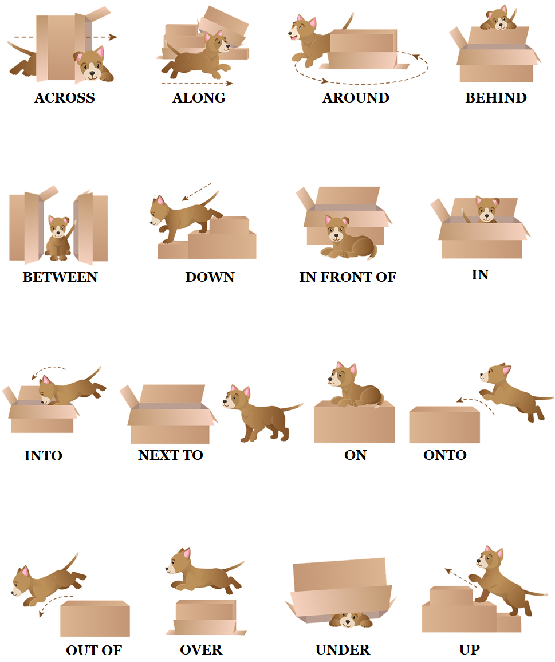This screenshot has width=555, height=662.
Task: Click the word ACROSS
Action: (x=64, y=98)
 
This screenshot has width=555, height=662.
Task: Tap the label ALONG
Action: (x=199, y=98)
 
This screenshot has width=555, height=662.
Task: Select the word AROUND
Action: (x=356, y=98)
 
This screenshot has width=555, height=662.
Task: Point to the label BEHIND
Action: (x=495, y=98)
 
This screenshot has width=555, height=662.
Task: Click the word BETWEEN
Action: (x=60, y=277)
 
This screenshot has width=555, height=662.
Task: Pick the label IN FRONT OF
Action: (x=348, y=277)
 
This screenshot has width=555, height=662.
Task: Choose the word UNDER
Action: (x=343, y=650)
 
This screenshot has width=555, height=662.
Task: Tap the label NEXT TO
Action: (x=171, y=455)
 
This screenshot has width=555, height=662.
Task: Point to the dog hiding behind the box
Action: (x=496, y=18)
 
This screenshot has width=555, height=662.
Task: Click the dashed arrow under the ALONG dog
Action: (x=196, y=84)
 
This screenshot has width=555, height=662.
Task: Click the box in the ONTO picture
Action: (x=444, y=425)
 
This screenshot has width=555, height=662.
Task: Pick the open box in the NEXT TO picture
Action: (x=169, y=415)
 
